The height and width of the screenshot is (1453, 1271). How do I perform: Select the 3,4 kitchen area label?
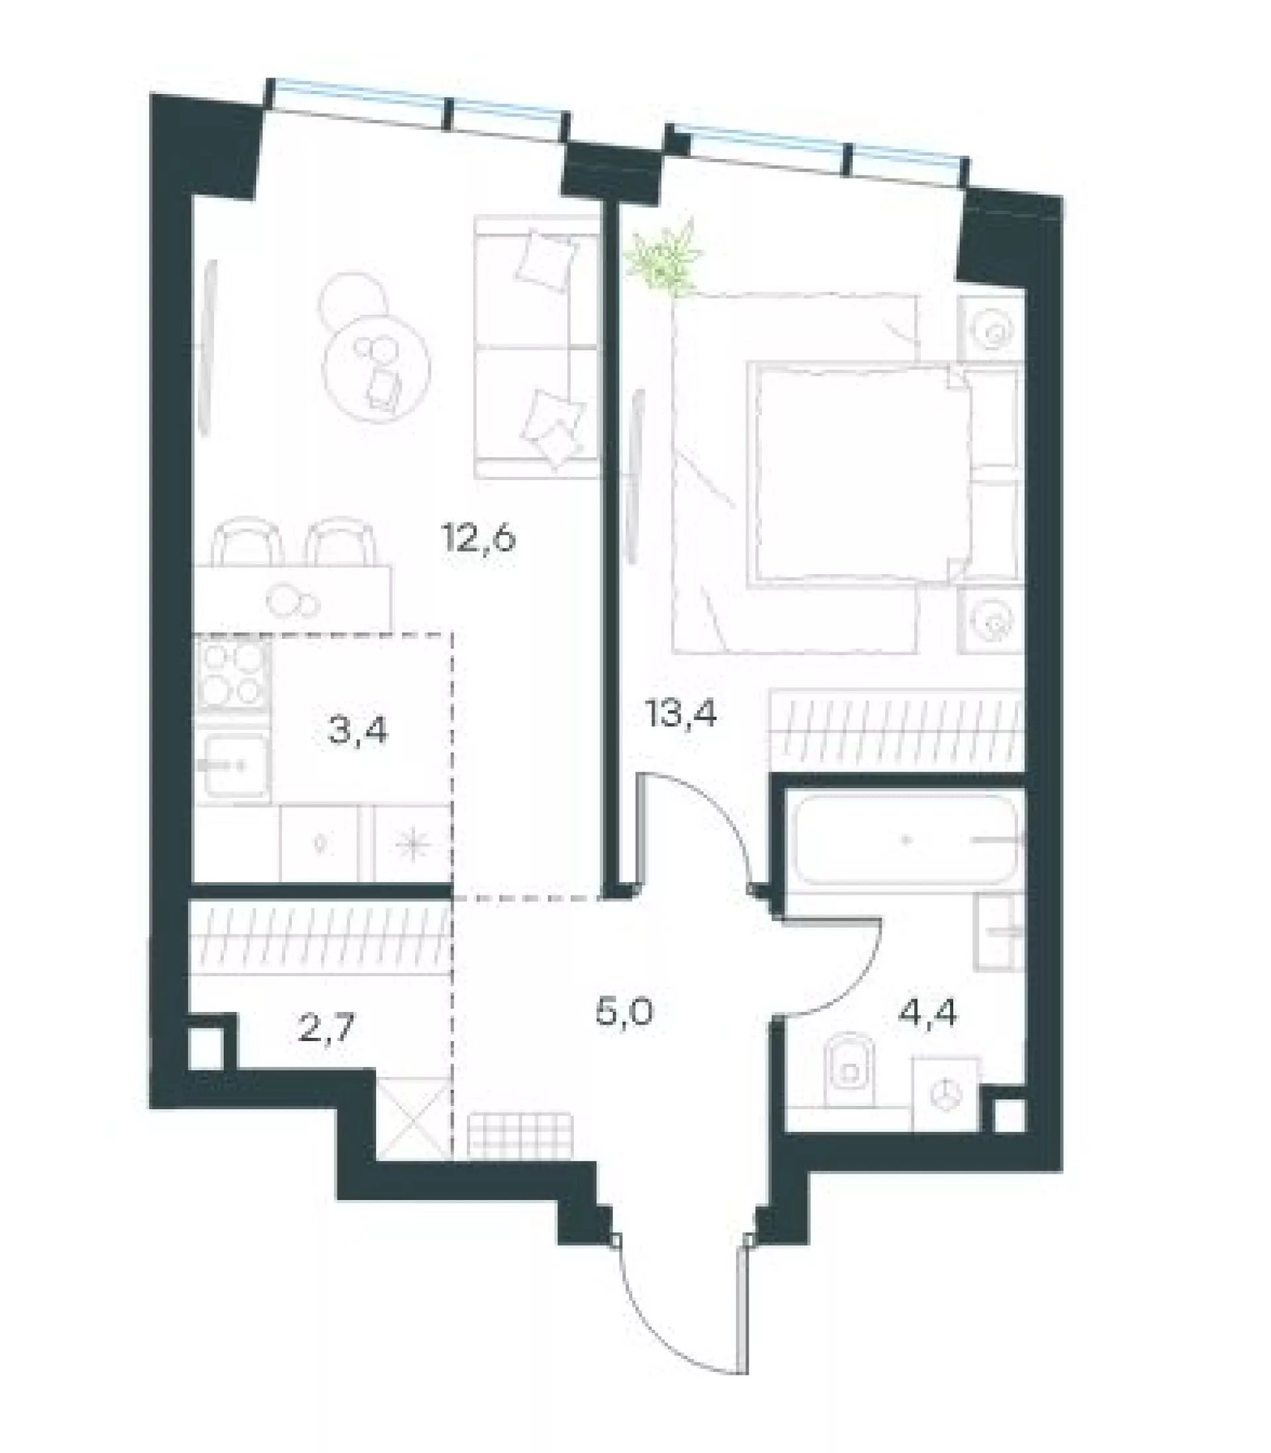click(x=358, y=730)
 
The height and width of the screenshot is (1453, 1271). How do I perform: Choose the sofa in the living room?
click(x=537, y=348)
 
